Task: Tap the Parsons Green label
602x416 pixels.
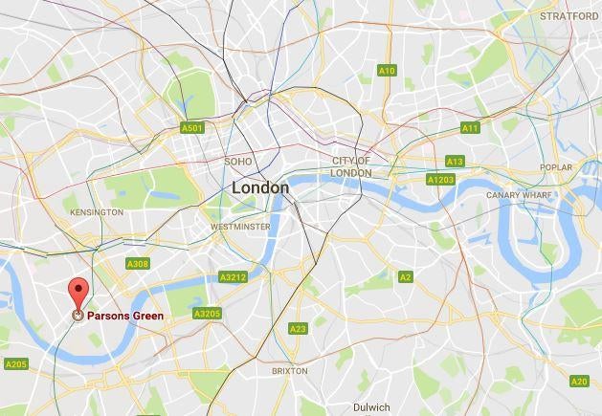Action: (124, 316)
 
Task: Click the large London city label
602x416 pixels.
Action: (259, 188)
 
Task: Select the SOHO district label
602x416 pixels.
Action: (238, 162)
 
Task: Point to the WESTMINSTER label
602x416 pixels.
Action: (239, 227)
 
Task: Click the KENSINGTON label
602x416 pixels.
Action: (97, 211)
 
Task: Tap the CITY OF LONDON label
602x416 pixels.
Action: (351, 166)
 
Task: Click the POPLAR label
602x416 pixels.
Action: (555, 167)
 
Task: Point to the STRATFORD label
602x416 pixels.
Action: (569, 16)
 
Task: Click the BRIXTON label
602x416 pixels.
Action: (290, 370)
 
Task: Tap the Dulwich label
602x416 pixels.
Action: (371, 406)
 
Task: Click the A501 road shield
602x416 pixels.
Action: (191, 128)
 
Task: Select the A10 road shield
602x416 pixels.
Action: (387, 71)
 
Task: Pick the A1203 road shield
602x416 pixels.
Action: (440, 180)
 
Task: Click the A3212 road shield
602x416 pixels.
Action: (233, 277)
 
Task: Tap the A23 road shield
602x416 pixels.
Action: (298, 329)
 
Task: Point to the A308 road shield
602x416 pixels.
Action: (138, 264)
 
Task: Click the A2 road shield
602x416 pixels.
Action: (405, 277)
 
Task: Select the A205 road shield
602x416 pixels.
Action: (16, 363)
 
